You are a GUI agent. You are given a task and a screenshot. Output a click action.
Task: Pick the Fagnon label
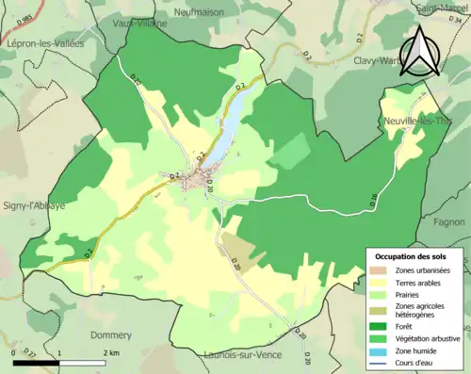click(x=451, y=221)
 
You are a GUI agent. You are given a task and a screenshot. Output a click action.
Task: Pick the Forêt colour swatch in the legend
click(x=381, y=327)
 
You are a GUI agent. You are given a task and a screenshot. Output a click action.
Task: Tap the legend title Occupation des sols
click(x=414, y=256)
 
